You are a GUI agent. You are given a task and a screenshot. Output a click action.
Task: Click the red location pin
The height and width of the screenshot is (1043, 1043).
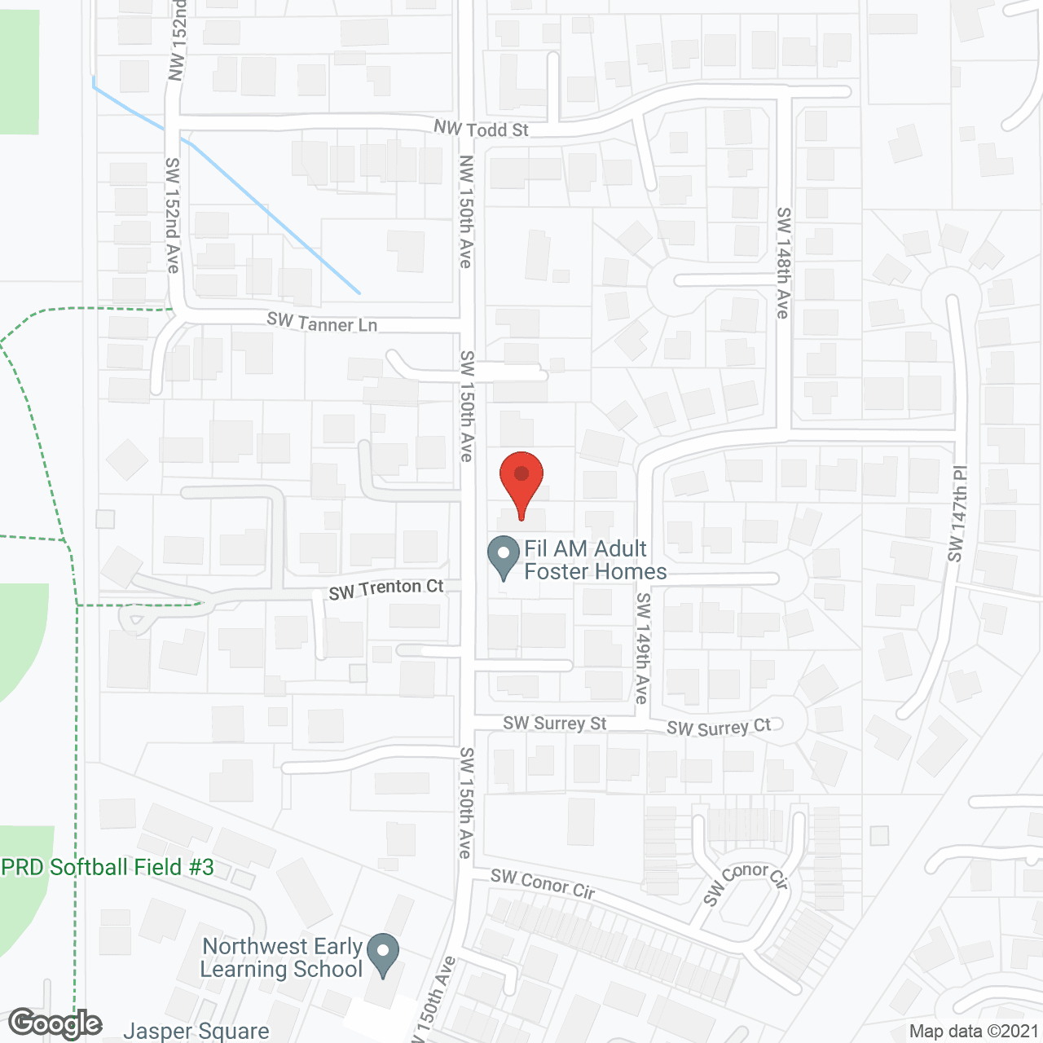pyautogui.click(x=521, y=481)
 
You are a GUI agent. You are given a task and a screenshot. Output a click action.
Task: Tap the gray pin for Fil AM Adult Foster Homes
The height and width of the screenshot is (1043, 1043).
pyautogui.click(x=504, y=554)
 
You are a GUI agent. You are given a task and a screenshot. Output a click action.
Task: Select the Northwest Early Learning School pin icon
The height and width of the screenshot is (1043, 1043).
pyautogui.click(x=383, y=953)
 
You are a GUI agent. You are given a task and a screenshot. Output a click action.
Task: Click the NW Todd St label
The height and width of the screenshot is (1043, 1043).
pyautogui.click(x=481, y=129)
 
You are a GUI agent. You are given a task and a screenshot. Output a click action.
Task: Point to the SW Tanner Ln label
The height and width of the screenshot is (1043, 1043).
pyautogui.click(x=322, y=323)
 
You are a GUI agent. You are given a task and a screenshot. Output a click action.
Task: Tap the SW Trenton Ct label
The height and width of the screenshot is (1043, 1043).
pyautogui.click(x=386, y=588)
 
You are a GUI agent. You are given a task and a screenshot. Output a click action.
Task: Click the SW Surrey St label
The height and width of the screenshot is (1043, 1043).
pyautogui.click(x=554, y=724)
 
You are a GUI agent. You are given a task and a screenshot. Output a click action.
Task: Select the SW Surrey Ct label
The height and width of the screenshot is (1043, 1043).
pyautogui.click(x=718, y=727)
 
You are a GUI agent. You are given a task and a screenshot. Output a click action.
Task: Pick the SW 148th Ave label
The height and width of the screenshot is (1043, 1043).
pyautogui.click(x=783, y=262)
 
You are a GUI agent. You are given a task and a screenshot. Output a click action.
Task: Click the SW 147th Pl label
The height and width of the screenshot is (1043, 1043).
pyautogui.click(x=957, y=513)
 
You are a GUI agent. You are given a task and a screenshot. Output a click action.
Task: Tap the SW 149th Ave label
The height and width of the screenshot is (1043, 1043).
pyautogui.click(x=643, y=648)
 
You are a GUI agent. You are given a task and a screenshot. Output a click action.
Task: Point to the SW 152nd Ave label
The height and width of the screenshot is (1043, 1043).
pyautogui.click(x=173, y=215)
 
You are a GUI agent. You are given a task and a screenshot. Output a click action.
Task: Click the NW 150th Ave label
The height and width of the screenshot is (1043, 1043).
pyautogui.click(x=465, y=211)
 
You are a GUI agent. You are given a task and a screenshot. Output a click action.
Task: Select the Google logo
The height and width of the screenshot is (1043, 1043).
pyautogui.click(x=55, y=1023)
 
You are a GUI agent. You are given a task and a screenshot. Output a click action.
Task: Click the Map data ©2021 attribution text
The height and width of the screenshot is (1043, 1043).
pyautogui.click(x=974, y=1032)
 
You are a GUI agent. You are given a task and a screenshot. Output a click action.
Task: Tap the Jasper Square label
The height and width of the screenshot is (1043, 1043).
pyautogui.click(x=196, y=1032)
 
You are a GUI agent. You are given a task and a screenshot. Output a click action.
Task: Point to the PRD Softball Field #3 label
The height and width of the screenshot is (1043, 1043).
pyautogui.click(x=108, y=867)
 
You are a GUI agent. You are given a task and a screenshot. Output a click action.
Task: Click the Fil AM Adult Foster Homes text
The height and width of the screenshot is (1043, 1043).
pyautogui.click(x=595, y=560)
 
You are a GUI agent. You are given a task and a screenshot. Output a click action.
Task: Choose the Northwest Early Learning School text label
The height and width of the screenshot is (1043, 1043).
pyautogui.click(x=281, y=957)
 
